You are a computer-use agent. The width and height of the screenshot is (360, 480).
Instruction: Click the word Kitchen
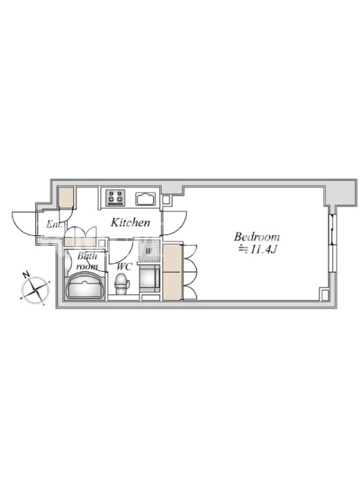click(130, 222)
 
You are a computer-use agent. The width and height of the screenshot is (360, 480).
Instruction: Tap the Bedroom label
click(257, 236)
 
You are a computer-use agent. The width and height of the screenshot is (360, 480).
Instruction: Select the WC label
click(124, 266)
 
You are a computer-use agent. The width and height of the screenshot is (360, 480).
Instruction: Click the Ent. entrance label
click(55, 224)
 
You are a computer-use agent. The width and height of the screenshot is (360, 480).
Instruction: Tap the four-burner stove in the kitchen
click(115, 198)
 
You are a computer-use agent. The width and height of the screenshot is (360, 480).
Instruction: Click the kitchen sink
click(146, 199)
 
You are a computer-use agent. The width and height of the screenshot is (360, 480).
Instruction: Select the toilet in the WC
click(122, 284)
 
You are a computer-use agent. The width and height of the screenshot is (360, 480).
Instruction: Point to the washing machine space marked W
click(149, 251)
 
